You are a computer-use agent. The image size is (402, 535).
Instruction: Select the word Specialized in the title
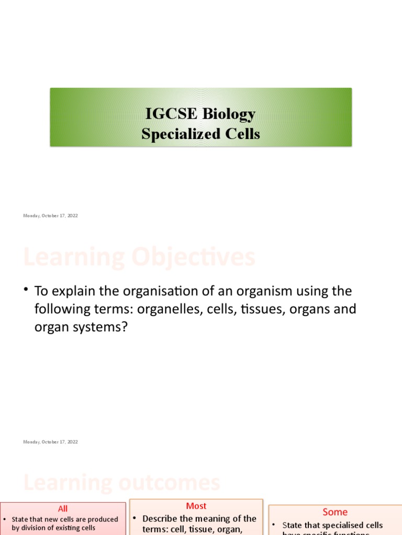click(173, 134)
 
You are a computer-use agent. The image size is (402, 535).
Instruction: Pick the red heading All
click(63, 509)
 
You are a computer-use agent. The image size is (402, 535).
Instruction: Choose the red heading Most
click(196, 506)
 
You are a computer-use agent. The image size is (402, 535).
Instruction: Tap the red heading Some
click(335, 512)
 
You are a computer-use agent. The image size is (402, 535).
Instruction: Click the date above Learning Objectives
click(50, 216)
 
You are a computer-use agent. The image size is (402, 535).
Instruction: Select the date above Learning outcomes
click(50, 442)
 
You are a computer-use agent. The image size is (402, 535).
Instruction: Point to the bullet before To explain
click(25, 290)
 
